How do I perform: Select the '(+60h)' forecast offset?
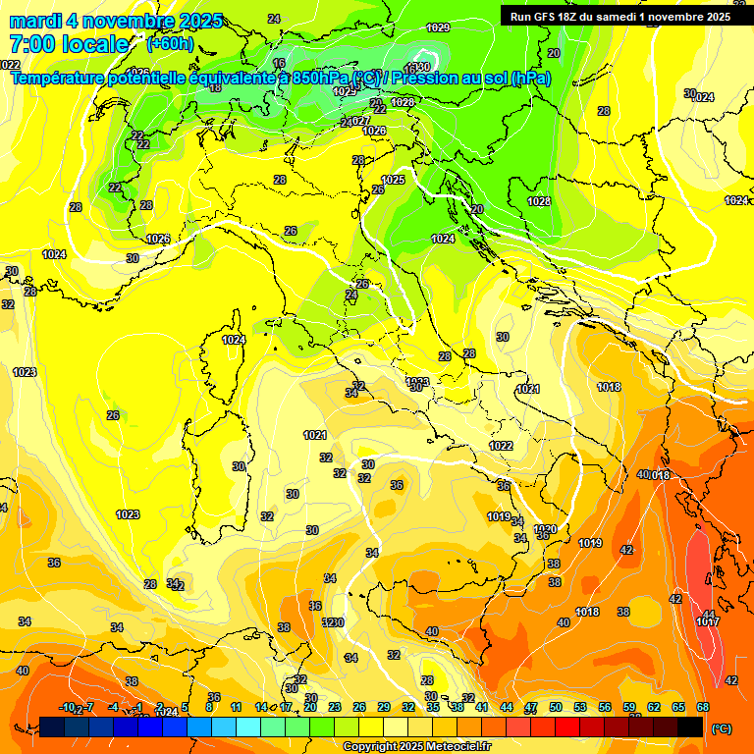pos(171,44)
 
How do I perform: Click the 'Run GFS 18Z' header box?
pos(617,17)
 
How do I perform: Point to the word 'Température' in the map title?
pos(61,78)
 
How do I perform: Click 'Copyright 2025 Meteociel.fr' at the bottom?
pos(417,746)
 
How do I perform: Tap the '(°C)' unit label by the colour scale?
pos(722,727)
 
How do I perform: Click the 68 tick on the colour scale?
pos(703,707)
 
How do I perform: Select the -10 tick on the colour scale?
pos(67,707)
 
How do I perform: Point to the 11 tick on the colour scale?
pos(236,707)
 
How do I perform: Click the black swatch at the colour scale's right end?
pos(690,727)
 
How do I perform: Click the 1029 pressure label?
pos(439,27)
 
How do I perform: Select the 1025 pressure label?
pos(393,180)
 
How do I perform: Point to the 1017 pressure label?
pos(707,621)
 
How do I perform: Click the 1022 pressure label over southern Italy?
pos(501,446)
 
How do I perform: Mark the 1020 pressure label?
pos(546,529)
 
